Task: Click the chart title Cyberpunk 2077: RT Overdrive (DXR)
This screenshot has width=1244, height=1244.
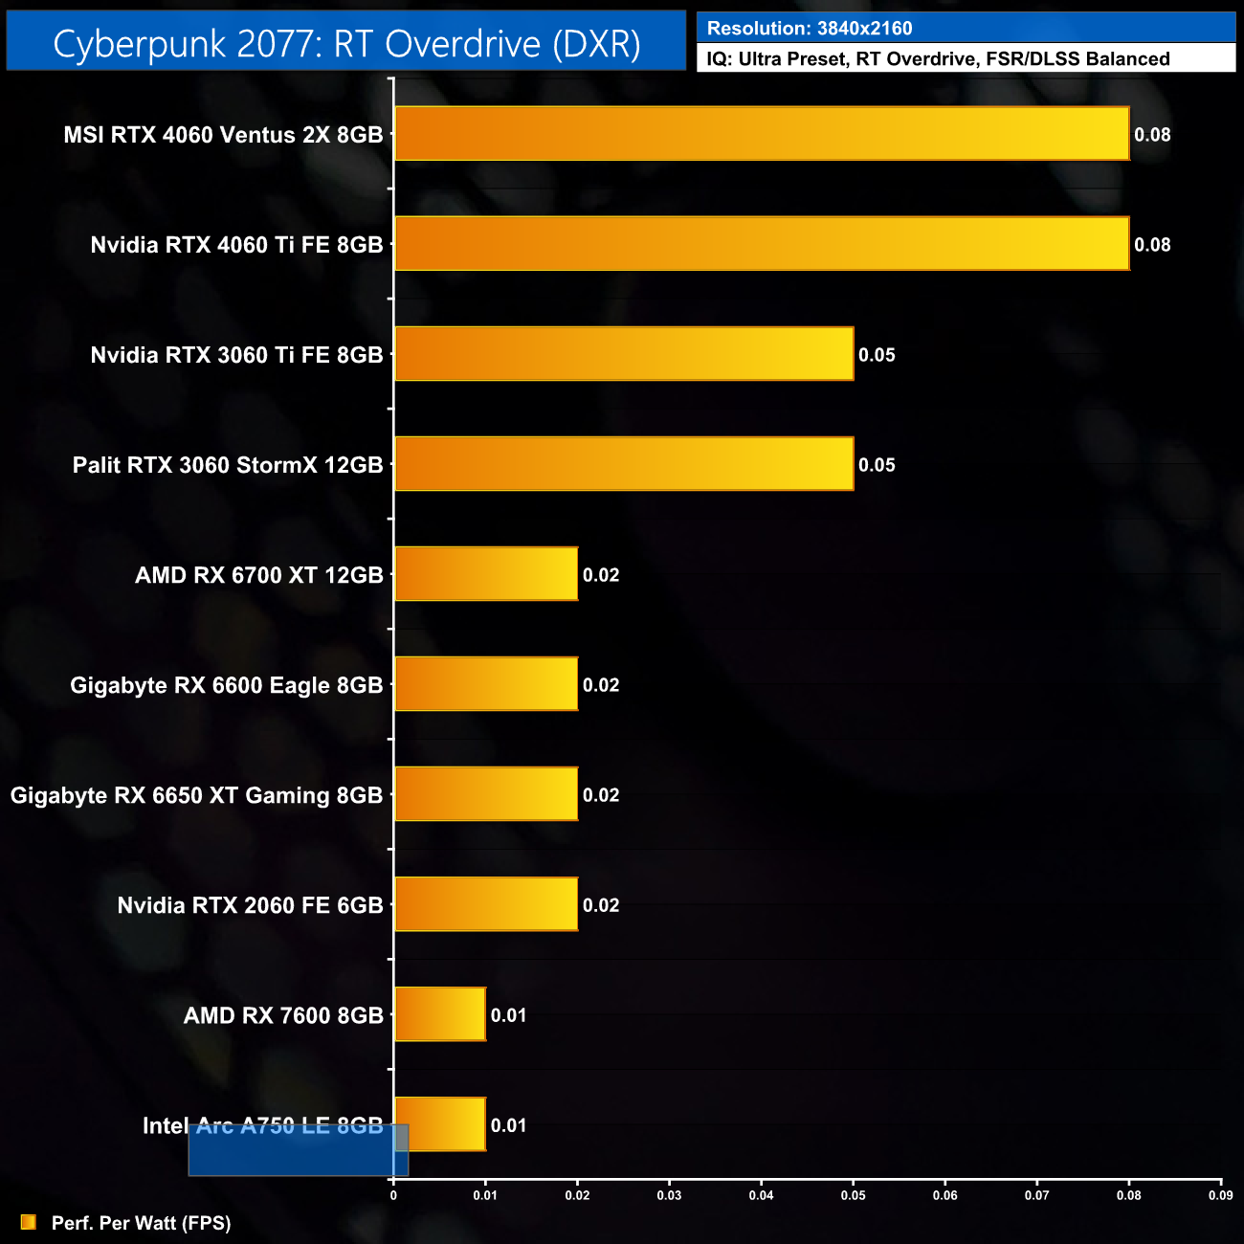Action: (x=346, y=44)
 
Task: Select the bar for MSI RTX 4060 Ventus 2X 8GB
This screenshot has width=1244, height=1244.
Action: (x=762, y=134)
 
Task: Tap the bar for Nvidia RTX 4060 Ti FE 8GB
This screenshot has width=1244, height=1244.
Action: (x=762, y=244)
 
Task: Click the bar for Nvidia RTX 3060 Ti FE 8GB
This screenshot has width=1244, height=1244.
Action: (x=624, y=354)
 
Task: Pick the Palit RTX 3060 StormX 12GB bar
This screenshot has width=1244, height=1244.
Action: (x=624, y=464)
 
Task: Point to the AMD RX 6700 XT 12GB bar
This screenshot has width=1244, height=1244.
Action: (x=486, y=574)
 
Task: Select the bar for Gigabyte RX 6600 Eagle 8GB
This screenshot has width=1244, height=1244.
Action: (x=486, y=684)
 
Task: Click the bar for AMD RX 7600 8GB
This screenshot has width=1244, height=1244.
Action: (x=440, y=1014)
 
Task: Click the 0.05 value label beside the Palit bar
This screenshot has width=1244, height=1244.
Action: (x=877, y=465)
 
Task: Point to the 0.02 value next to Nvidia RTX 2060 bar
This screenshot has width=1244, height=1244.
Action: (x=601, y=905)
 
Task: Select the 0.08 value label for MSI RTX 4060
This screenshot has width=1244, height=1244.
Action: (x=1152, y=135)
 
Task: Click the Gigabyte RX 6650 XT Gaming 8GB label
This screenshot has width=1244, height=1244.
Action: (x=196, y=795)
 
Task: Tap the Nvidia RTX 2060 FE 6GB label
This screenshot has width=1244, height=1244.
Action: (x=250, y=905)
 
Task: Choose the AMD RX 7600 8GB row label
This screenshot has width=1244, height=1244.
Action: (x=283, y=1015)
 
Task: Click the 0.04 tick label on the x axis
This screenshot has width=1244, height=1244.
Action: (x=761, y=1195)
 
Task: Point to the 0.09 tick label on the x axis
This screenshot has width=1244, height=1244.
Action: (x=1220, y=1195)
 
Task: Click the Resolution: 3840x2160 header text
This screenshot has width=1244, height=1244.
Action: (x=810, y=29)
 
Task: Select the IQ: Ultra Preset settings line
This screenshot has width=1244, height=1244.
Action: (x=938, y=59)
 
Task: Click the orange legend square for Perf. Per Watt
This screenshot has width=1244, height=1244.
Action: (x=29, y=1222)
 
